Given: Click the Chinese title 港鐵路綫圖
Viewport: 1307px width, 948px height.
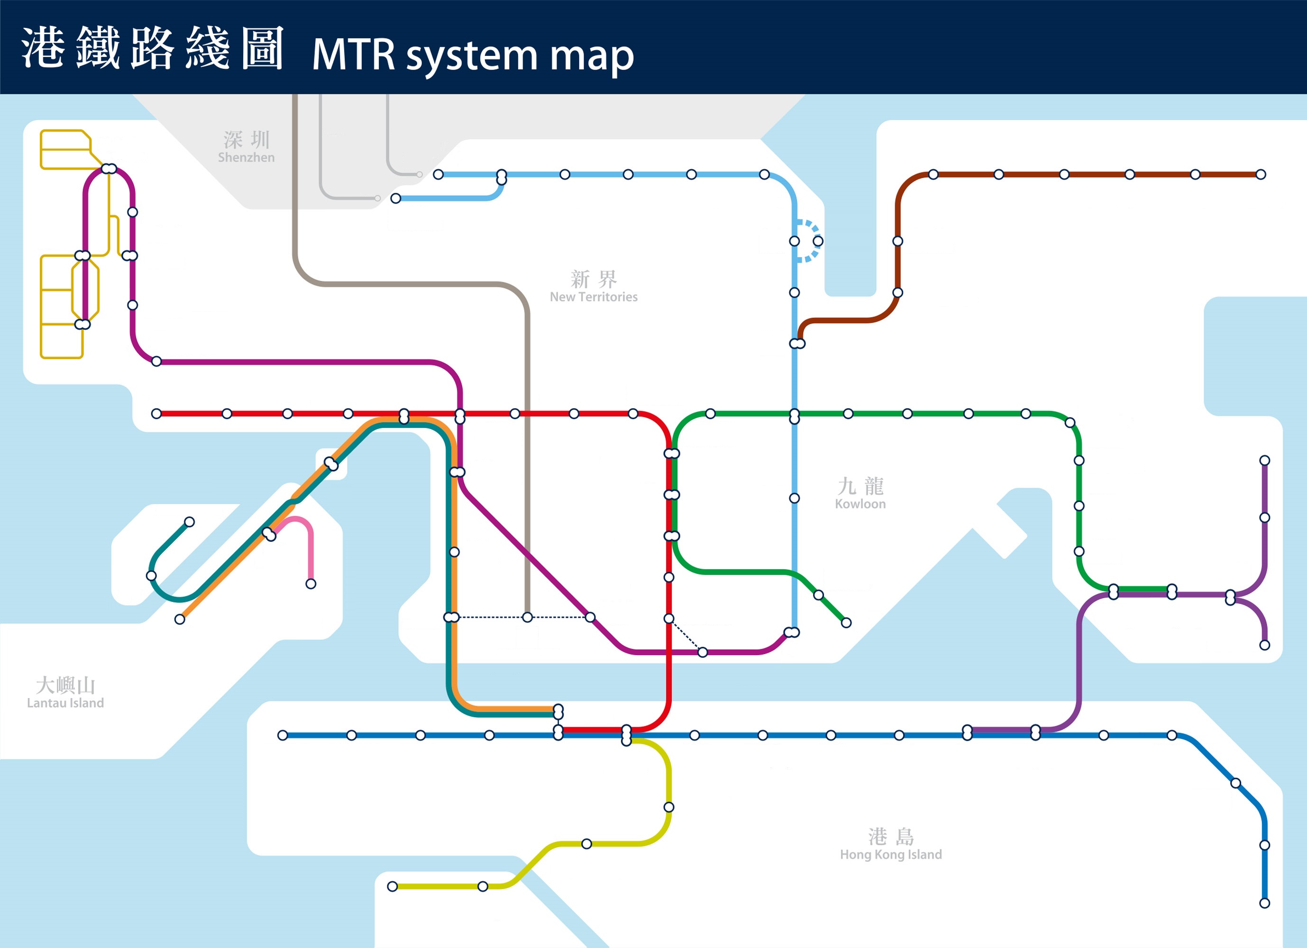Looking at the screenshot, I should coord(153,48).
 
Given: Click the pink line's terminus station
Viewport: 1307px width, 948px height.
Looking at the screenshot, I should coord(311,584).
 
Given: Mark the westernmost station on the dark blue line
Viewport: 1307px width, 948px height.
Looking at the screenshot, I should coord(283,735).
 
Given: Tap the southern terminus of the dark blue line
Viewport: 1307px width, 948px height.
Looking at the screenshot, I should coord(1265,903).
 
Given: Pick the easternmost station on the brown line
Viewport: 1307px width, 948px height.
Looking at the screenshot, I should coord(1261,174).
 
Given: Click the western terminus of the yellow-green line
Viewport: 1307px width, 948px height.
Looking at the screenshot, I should coord(393,886).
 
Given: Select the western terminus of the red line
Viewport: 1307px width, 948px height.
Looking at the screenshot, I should coord(156,414).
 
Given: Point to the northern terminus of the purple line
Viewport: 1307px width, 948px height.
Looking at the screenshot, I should coord(1265,460).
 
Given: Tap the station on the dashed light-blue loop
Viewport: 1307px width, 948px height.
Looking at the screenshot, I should coord(818,241).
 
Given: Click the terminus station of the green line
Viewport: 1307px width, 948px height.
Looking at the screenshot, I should coord(846,622).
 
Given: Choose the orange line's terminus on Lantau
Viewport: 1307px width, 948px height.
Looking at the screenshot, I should coord(180,619).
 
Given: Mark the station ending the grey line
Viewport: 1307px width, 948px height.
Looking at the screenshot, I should coord(527,617).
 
